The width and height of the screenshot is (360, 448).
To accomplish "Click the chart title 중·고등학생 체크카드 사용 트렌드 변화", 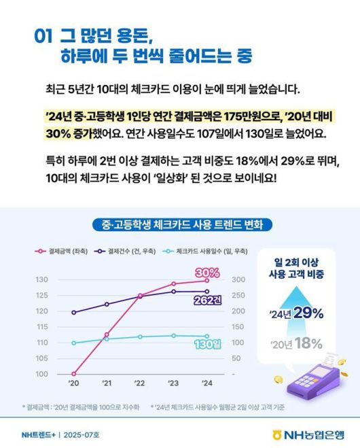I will [x=180, y=224].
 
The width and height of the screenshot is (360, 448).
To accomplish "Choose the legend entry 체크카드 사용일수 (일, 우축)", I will [x=194, y=251].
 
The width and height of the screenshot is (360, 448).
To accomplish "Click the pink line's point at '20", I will [x=73, y=374].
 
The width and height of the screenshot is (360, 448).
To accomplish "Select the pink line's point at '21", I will [x=107, y=334].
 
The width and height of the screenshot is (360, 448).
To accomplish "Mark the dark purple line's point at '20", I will [x=73, y=313].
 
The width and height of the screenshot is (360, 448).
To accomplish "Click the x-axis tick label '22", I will [x=140, y=384].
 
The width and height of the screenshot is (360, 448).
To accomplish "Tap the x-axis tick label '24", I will [x=206, y=384].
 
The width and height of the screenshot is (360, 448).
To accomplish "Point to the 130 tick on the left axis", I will [x=42, y=279].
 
